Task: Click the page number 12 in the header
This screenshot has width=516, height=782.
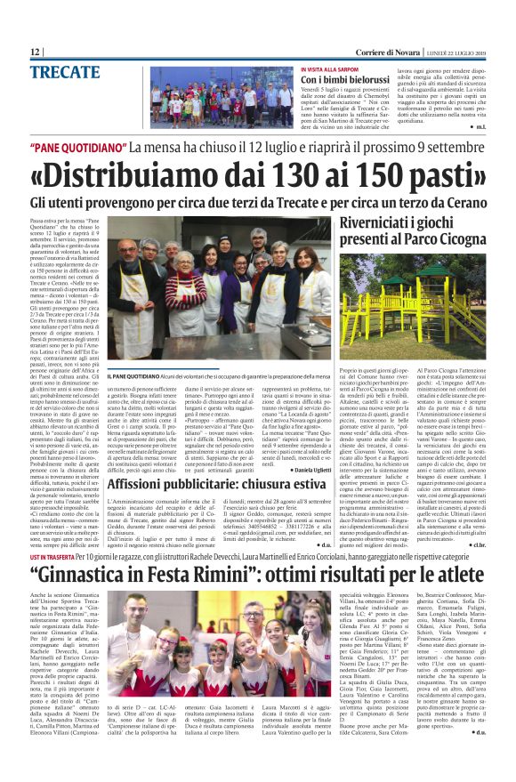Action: pos(36,53)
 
